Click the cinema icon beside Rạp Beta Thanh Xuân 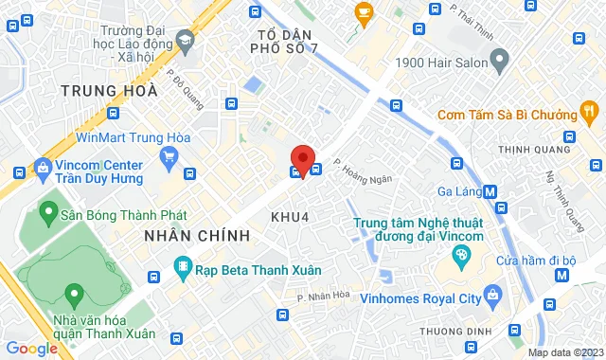click(x=183, y=268)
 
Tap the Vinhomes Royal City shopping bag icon click(x=492, y=295)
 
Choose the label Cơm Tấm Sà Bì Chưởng click(x=508, y=116)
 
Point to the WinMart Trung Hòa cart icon click(x=170, y=154)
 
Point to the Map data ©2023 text click(x=563, y=352)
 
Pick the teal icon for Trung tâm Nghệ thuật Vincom click(x=461, y=254)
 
